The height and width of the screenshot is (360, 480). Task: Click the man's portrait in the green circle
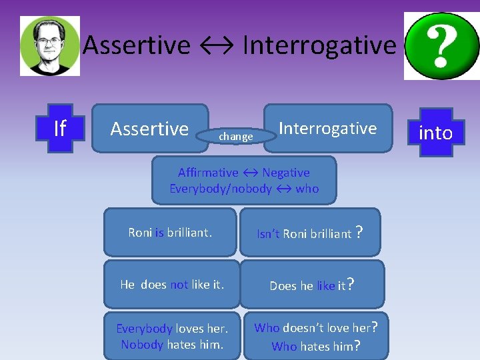(50, 45)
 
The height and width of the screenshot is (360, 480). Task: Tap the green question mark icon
(441, 45)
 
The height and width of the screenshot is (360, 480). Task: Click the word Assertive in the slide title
(137, 45)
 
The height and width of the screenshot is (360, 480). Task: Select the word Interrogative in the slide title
(319, 45)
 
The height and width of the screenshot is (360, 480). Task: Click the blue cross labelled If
(59, 127)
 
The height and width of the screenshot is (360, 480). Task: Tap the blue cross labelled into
(435, 133)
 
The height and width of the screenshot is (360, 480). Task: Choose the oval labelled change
(236, 137)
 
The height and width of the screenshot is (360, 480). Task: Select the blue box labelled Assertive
(149, 128)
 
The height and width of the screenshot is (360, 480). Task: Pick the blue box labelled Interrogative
(327, 128)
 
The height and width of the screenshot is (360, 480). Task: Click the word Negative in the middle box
(285, 173)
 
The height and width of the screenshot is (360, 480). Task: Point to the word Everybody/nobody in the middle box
(221, 189)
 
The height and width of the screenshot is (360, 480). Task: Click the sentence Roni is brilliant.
(170, 233)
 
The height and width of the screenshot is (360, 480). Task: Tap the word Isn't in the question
(268, 233)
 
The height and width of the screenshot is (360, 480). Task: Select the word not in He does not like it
(179, 285)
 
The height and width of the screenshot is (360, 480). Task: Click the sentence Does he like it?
(311, 285)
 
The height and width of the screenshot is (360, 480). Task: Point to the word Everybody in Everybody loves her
(144, 328)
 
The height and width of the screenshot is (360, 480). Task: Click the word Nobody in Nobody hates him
(142, 344)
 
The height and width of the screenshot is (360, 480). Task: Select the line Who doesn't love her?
(316, 328)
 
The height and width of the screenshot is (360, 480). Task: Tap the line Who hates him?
(316, 345)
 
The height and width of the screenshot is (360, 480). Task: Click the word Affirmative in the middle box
(208, 173)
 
